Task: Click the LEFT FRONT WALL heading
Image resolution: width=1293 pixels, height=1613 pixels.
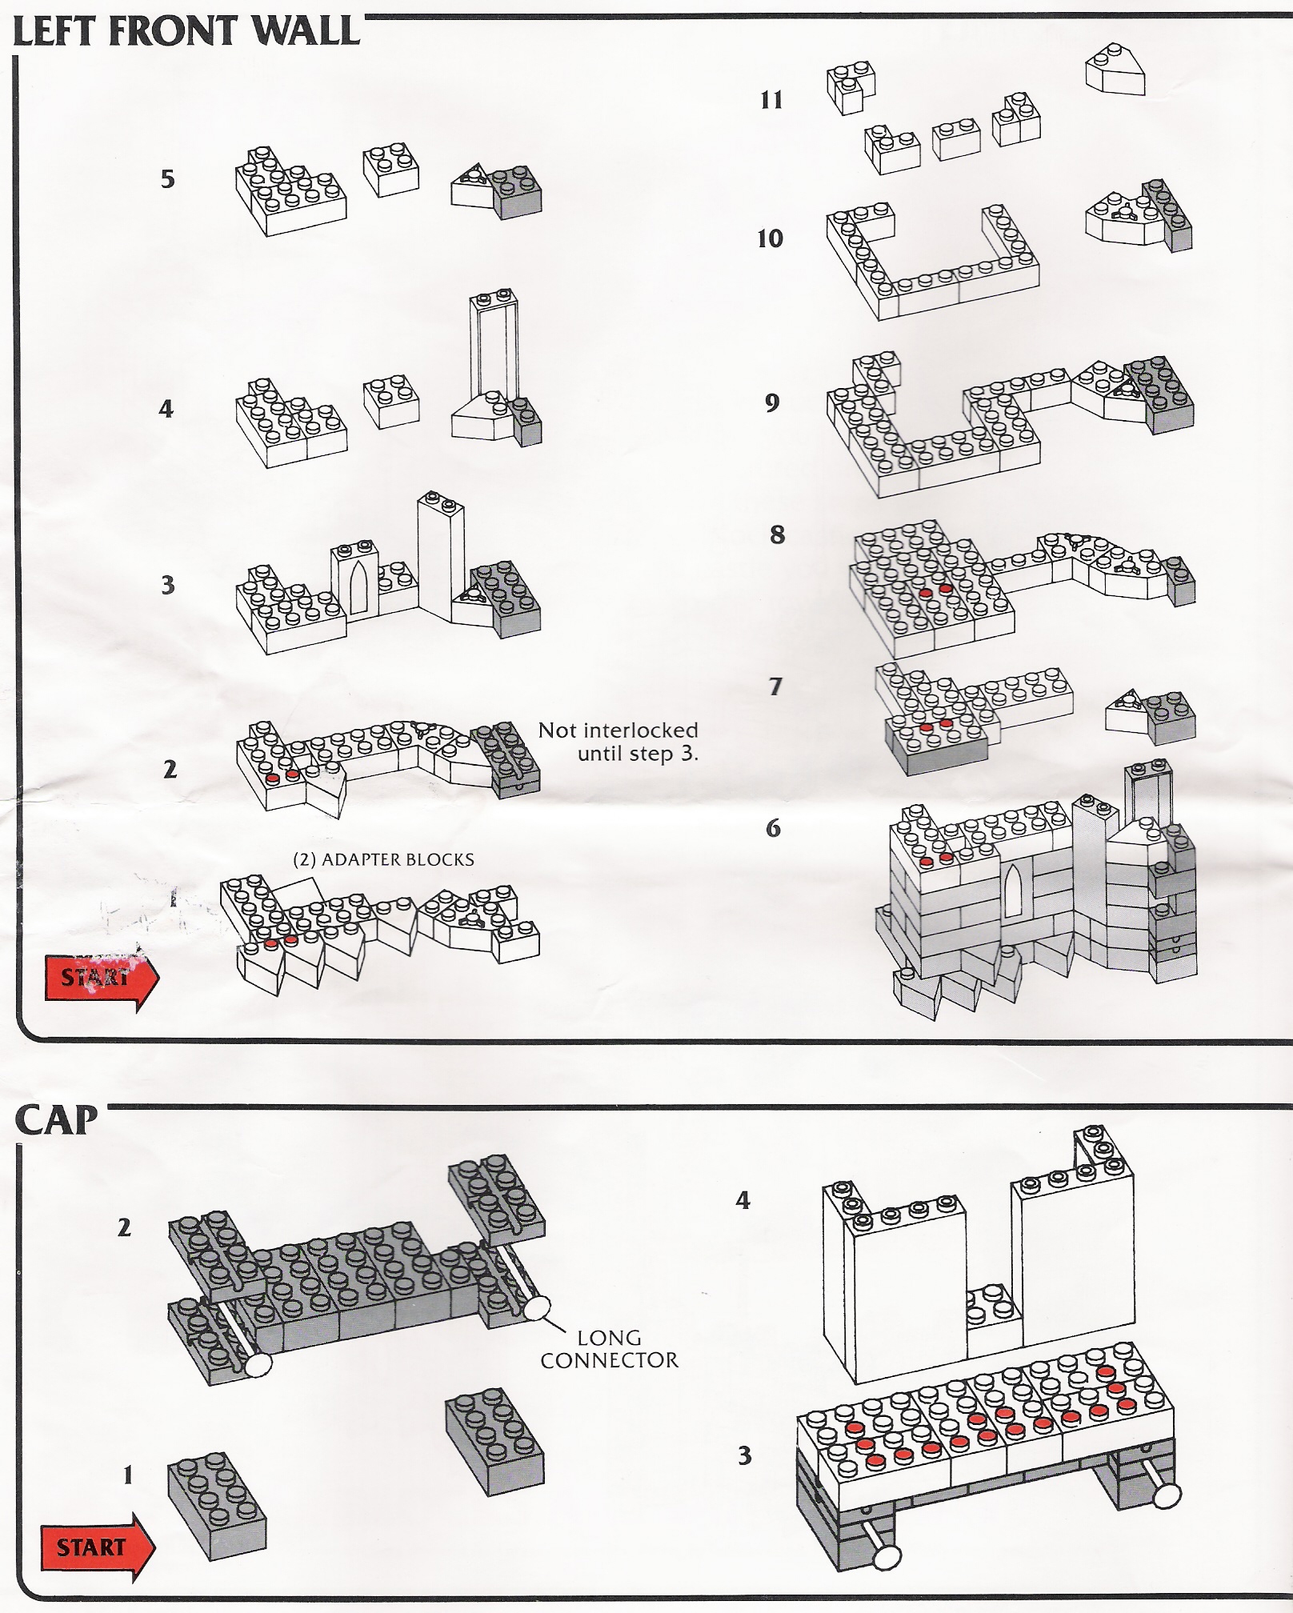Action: coord(186,32)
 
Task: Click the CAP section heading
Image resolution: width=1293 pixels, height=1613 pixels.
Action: coord(56,1121)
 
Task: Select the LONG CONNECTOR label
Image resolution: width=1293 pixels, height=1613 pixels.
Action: coord(608,1349)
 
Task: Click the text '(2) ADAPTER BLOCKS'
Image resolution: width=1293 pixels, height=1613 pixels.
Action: coord(383,860)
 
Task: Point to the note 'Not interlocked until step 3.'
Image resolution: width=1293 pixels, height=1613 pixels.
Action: coord(618,742)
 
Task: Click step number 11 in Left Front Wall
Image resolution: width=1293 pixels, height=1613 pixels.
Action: coord(771,100)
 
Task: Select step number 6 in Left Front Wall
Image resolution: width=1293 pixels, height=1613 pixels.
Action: coord(773,828)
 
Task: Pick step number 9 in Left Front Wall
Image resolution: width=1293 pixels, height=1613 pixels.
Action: coord(771,402)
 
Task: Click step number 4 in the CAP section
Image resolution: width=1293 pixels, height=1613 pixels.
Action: coord(743,1200)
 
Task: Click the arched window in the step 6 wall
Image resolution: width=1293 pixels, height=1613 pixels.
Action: coord(1013,890)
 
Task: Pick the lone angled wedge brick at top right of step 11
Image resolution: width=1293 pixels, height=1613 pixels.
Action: coord(1115,72)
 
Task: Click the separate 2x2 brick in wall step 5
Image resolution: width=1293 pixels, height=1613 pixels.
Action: coord(391,170)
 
